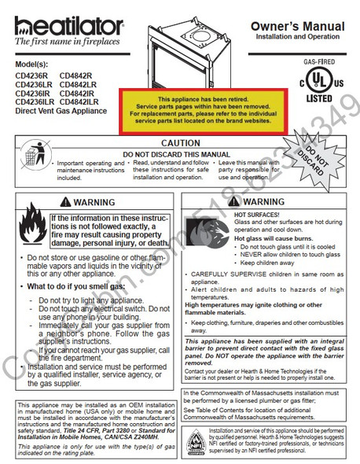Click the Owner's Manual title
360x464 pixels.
[x=296, y=27]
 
